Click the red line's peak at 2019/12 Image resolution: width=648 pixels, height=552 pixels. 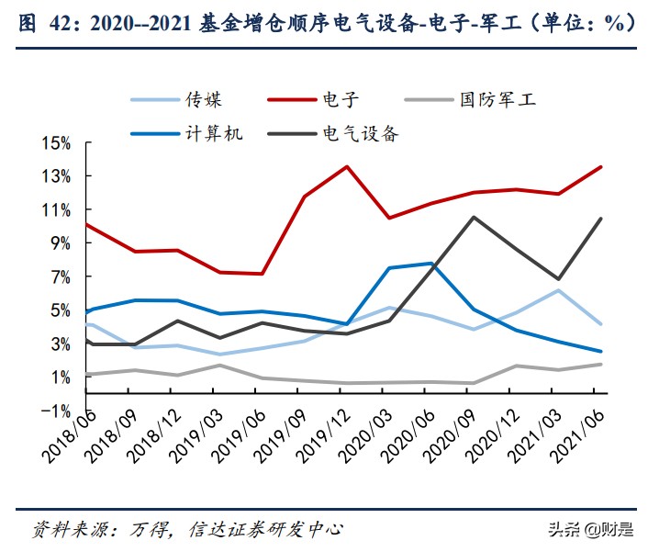(345, 166)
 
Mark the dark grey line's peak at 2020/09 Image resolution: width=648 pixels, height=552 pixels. (473, 217)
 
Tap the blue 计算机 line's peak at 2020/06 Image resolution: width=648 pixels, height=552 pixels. (430, 264)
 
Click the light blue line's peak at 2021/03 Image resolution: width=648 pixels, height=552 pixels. (558, 290)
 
